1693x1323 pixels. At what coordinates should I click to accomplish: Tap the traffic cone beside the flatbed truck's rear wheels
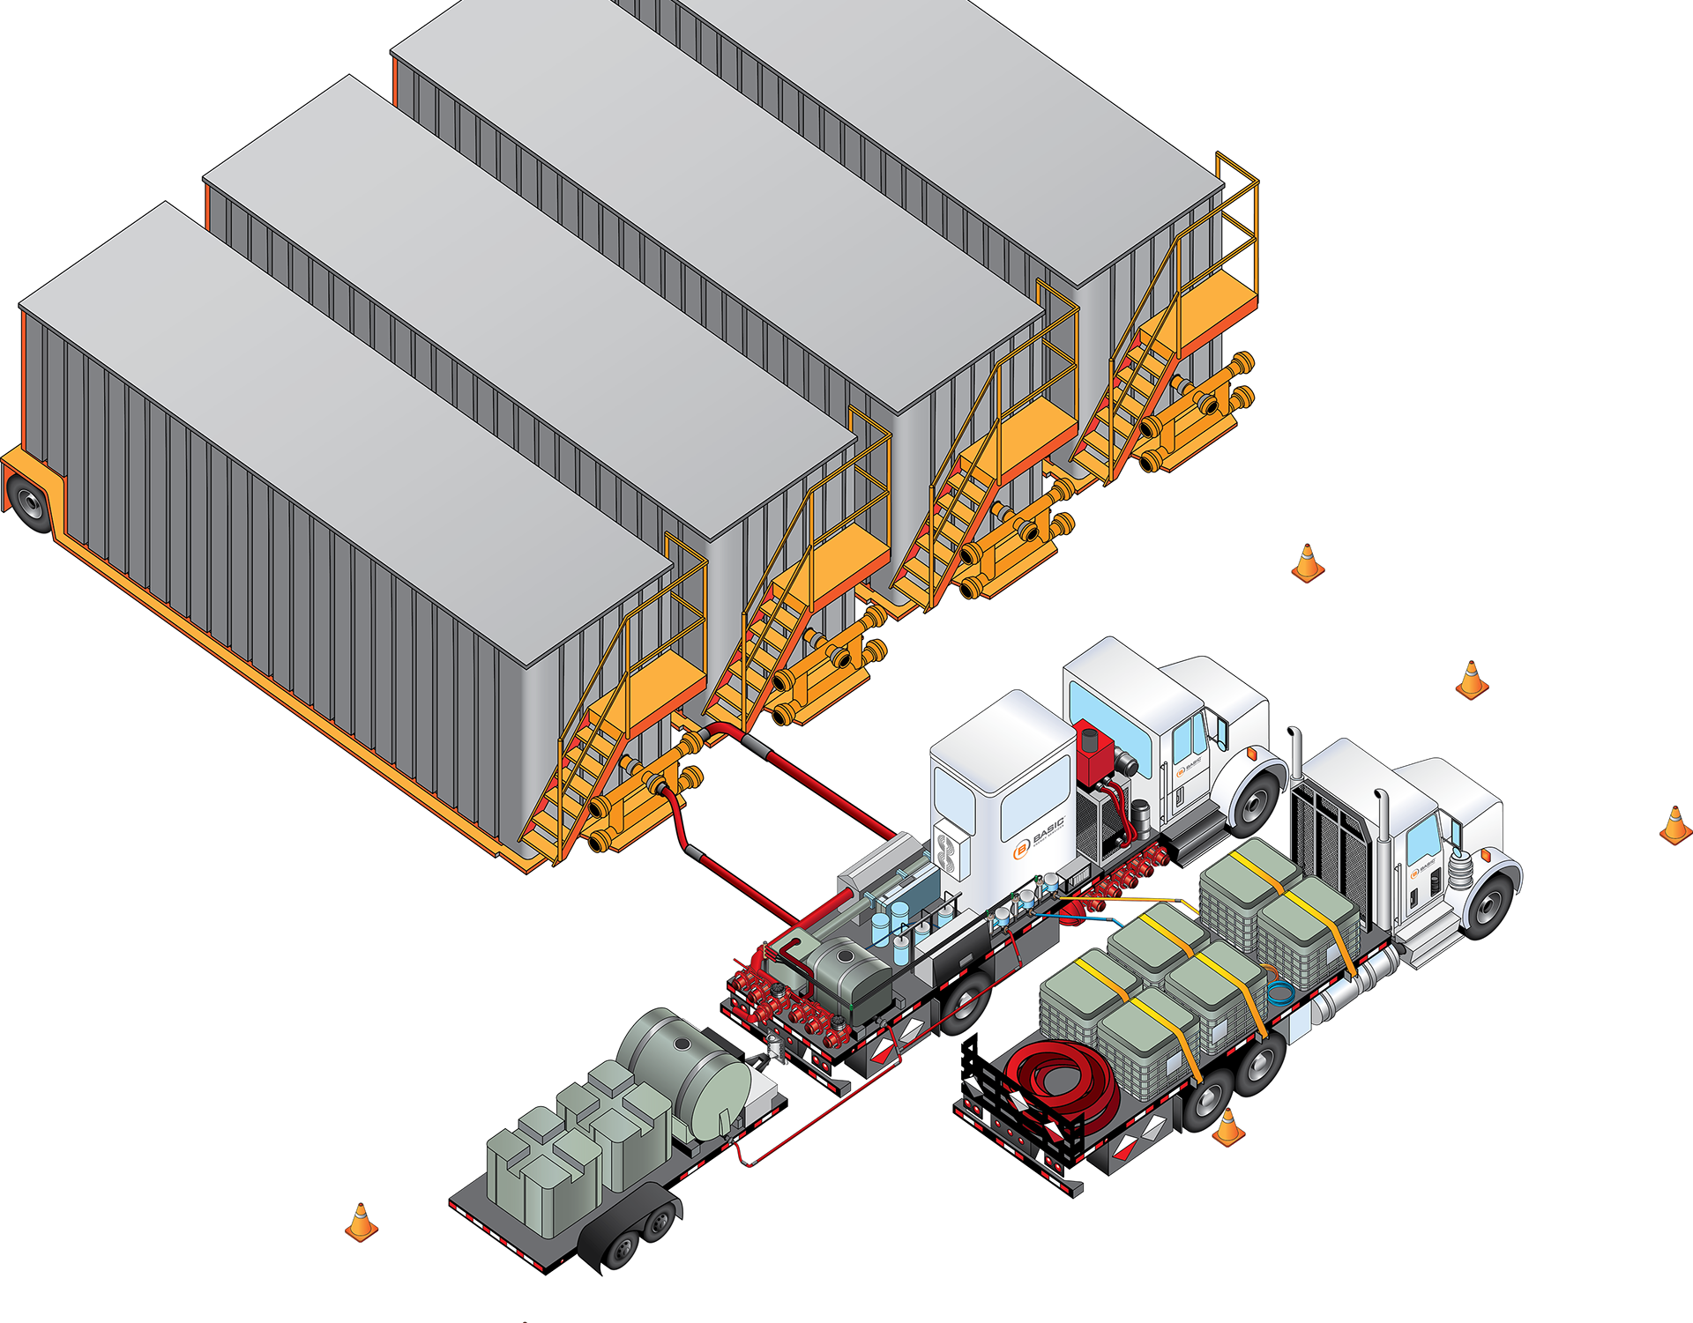click(x=1228, y=1127)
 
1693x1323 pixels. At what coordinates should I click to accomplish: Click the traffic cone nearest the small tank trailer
click(x=360, y=1223)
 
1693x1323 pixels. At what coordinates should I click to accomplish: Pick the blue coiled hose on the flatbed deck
click(x=1280, y=992)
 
